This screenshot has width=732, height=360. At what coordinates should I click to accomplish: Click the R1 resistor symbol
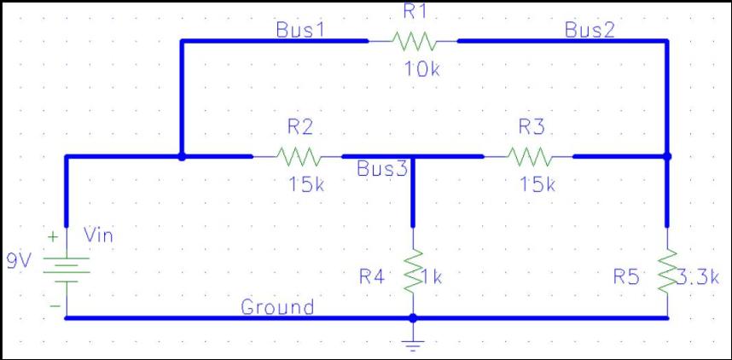[x=413, y=40]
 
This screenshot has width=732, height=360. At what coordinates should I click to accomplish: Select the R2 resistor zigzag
[x=297, y=157]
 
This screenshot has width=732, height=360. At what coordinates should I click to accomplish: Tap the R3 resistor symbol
[x=529, y=157]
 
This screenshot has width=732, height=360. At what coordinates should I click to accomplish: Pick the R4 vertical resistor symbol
[x=413, y=270]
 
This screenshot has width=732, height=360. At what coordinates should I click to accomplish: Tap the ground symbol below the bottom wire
[x=413, y=344]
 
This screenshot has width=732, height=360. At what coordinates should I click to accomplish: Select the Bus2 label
[x=590, y=30]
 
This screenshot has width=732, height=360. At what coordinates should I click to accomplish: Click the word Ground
[x=277, y=307]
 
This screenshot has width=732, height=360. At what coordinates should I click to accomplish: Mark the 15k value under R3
[x=537, y=185]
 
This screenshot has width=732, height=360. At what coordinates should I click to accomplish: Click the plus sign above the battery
[x=52, y=235]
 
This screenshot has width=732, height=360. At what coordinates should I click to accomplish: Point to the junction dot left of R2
[x=182, y=157]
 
